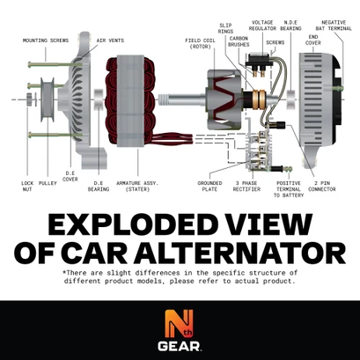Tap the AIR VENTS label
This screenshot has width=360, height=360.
(x=111, y=40)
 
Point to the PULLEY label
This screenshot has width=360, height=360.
(x=48, y=184)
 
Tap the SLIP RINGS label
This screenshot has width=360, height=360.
(x=224, y=30)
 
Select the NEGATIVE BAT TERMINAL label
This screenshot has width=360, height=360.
(x=334, y=25)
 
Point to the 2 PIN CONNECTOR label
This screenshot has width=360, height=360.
(x=323, y=187)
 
